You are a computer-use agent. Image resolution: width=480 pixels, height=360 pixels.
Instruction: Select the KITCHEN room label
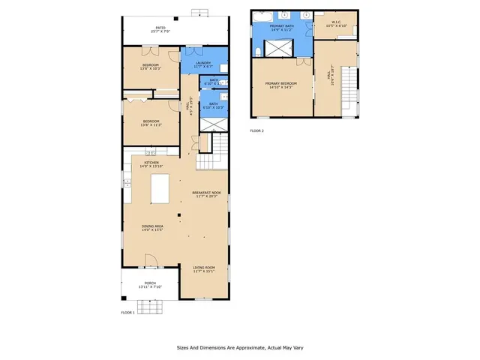151,163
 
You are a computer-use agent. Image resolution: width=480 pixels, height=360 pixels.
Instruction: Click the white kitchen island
161,188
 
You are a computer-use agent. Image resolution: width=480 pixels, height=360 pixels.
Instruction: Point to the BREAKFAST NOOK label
206,193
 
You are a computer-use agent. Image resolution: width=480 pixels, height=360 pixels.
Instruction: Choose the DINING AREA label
153,226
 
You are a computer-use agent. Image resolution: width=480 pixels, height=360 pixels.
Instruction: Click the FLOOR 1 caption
127,312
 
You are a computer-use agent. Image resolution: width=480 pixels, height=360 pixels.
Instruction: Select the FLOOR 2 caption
257,130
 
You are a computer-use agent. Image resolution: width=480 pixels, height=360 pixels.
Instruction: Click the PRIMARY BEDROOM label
281,84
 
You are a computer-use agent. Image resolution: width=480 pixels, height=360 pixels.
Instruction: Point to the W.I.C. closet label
336,23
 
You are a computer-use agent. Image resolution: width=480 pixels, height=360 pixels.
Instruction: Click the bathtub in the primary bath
264,15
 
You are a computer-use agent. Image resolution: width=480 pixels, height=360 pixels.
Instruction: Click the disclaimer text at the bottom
239,347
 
